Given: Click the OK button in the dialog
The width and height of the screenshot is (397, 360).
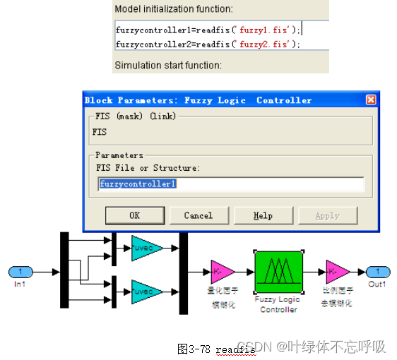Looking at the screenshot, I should point(134,215).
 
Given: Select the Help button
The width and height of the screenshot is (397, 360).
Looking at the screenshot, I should point(263,215).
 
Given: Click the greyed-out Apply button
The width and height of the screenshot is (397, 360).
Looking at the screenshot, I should point(327,215).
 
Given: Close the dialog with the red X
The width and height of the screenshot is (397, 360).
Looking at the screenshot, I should point(370,100).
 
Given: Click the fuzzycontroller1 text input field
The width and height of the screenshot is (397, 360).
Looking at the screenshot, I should point(231,184).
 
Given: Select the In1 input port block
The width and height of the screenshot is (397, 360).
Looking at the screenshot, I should point(20,272).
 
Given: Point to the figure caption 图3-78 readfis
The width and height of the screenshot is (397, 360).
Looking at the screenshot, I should point(216,349).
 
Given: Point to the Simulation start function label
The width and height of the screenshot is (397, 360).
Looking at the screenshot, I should point(167,66).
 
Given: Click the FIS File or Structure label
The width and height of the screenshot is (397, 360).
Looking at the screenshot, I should point(148,168).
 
